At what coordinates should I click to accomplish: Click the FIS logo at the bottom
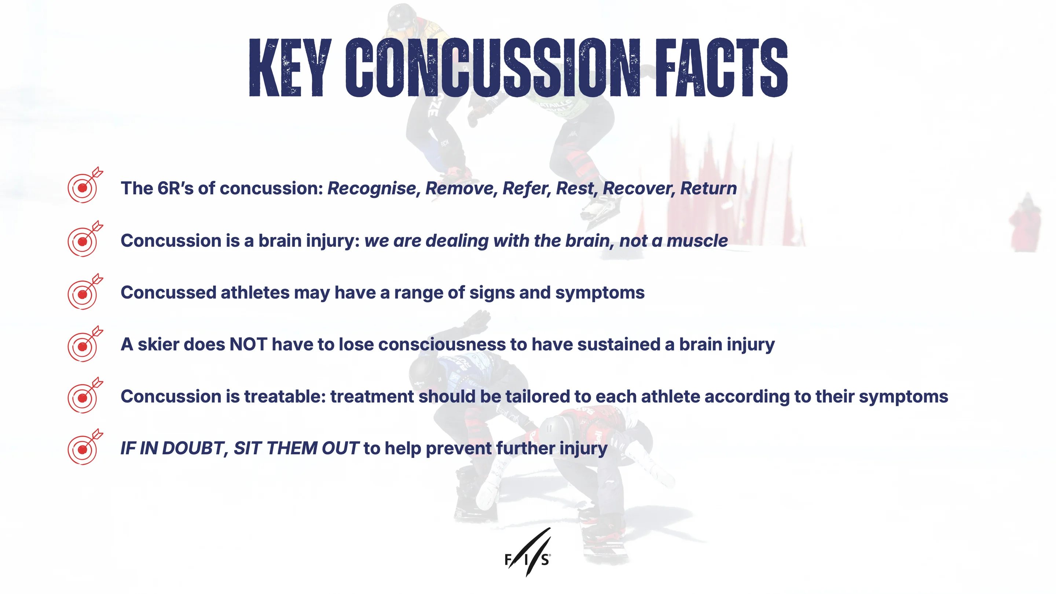528,552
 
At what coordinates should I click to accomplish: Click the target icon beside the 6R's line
85,185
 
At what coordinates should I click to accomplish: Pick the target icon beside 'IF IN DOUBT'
85,447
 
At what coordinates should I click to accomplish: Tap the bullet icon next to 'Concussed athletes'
85,291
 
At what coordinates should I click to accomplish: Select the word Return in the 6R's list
708,188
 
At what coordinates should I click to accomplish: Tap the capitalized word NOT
249,344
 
